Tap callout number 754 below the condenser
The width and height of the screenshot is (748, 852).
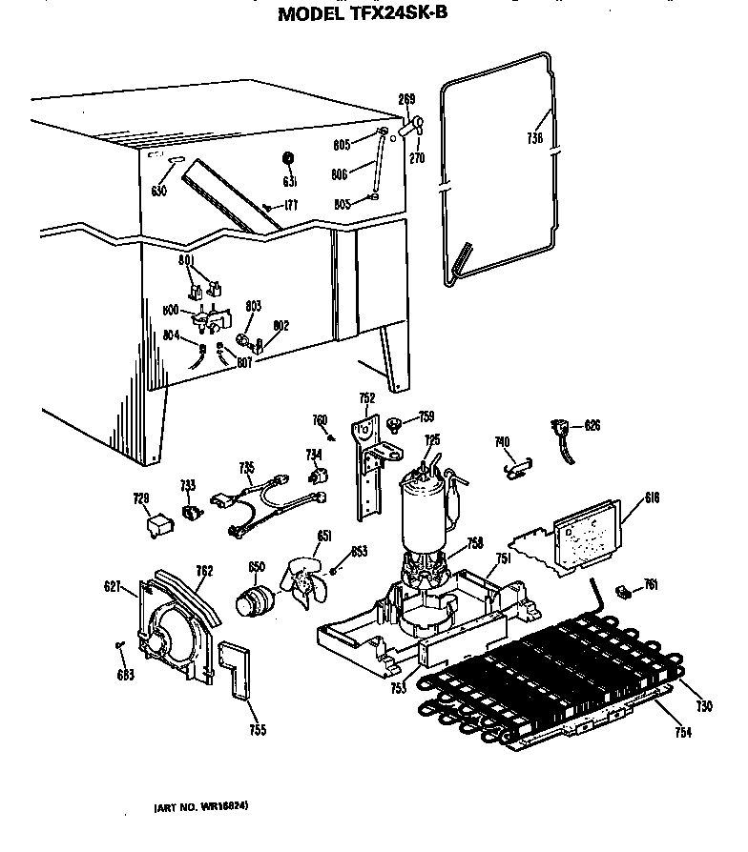tap(681, 732)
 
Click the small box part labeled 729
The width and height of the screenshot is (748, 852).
tap(154, 523)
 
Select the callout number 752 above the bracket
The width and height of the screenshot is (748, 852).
tap(366, 398)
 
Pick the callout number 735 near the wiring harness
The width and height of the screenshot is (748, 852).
tap(247, 467)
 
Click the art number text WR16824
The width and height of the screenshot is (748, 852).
tap(201, 807)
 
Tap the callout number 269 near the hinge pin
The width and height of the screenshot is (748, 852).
tap(406, 99)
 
